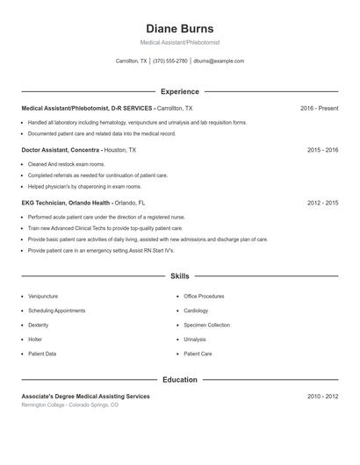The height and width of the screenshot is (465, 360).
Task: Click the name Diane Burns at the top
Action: pos(179,29)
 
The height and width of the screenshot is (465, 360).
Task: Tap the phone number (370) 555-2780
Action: pos(170,61)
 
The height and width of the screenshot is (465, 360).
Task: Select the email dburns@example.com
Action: pos(219,61)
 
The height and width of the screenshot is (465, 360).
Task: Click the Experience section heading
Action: pos(179,91)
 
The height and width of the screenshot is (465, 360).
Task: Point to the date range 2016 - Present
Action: pos(319,108)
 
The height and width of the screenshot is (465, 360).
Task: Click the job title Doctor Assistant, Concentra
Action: pos(61,150)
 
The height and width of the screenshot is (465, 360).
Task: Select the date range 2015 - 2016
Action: pos(322,150)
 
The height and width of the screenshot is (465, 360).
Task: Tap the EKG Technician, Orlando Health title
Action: pos(66,203)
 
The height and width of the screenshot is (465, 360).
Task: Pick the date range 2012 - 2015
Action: pos(322,203)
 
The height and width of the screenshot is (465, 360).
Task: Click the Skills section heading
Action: pos(179,275)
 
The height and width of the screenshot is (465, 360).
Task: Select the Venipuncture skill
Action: pos(43,297)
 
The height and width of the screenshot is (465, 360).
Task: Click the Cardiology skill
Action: pos(196,311)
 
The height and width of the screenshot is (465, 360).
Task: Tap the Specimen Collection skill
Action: pos(206,325)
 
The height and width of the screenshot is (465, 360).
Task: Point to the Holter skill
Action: pos(35,340)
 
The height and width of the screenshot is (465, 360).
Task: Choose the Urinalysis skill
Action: pos(195,340)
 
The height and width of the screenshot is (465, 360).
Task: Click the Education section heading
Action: pos(179,380)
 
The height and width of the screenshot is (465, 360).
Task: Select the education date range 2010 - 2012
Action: pos(322,397)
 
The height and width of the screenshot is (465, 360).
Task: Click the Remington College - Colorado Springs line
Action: pos(69,405)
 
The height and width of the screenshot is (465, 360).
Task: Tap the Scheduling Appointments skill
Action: pos(56,311)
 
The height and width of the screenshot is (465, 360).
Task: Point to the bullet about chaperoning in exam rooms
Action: pos(84,186)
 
